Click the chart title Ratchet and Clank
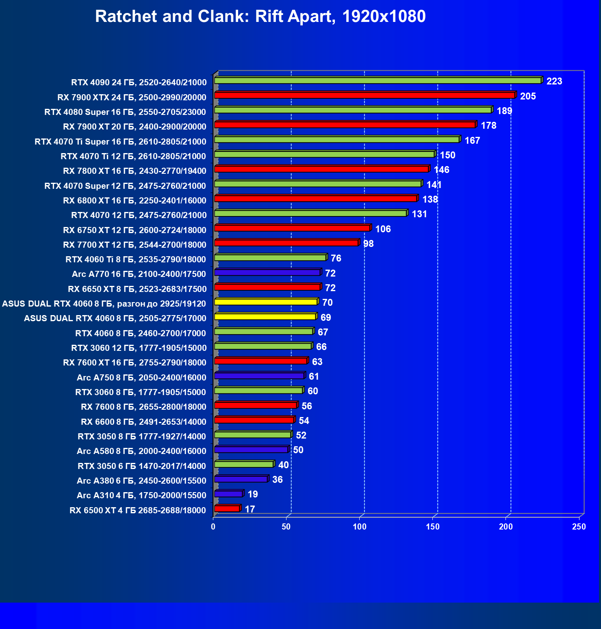click(x=260, y=17)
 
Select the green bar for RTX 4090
click(x=378, y=81)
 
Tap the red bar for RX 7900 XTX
click(x=365, y=95)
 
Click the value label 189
click(x=504, y=111)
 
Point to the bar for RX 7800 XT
click(x=321, y=169)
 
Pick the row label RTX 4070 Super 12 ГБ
click(x=125, y=186)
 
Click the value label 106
click(x=383, y=229)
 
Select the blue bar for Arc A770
click(x=267, y=272)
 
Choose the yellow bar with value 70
click(x=266, y=302)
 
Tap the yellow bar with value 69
click(x=265, y=317)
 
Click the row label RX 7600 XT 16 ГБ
click(x=135, y=363)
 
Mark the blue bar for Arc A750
click(x=259, y=376)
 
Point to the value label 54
click(x=304, y=421)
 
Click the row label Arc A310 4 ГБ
click(x=141, y=495)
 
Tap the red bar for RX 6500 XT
click(x=227, y=509)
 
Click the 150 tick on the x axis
click(x=433, y=527)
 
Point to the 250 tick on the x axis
click(x=579, y=527)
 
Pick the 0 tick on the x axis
click(x=213, y=527)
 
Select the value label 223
click(x=554, y=81)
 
